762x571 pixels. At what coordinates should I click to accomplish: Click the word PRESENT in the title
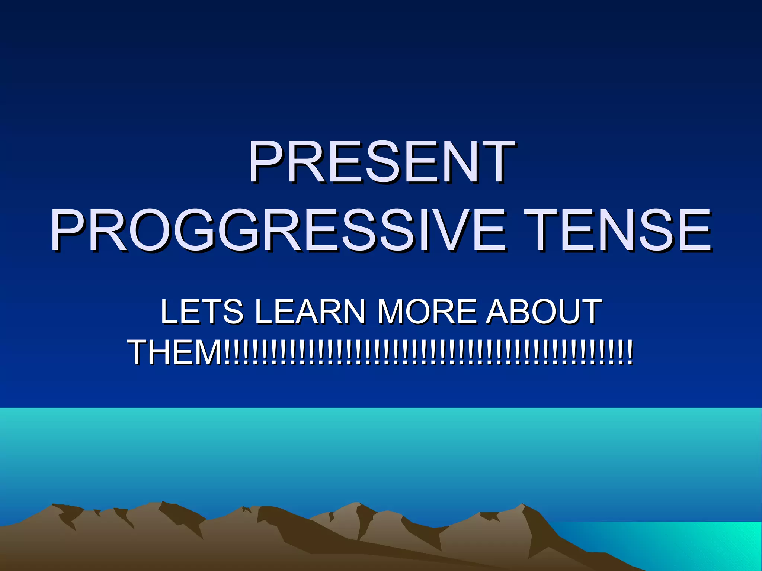(x=381, y=162)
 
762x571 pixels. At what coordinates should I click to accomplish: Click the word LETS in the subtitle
(x=201, y=312)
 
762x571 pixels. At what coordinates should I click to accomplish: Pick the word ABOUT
(x=544, y=312)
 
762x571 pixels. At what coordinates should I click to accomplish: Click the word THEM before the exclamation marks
(x=175, y=352)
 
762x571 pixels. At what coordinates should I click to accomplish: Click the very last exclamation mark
(x=630, y=352)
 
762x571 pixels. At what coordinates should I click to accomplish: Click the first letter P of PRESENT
(x=265, y=162)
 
